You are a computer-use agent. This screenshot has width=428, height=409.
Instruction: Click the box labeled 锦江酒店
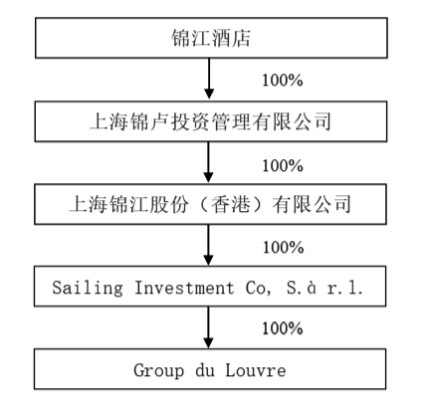point(209,39)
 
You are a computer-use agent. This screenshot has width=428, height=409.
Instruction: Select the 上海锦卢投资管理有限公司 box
point(209,123)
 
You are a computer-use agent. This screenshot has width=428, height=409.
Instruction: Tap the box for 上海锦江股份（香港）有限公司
point(209,205)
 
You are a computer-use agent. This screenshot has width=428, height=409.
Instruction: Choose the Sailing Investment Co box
point(209,288)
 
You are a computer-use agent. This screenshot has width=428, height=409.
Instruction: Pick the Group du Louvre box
point(209,370)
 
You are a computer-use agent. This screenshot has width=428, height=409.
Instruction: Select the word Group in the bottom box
point(155,370)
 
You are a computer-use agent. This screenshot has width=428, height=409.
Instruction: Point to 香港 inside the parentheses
point(259,205)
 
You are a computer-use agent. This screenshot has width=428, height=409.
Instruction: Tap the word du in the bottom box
point(206,370)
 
